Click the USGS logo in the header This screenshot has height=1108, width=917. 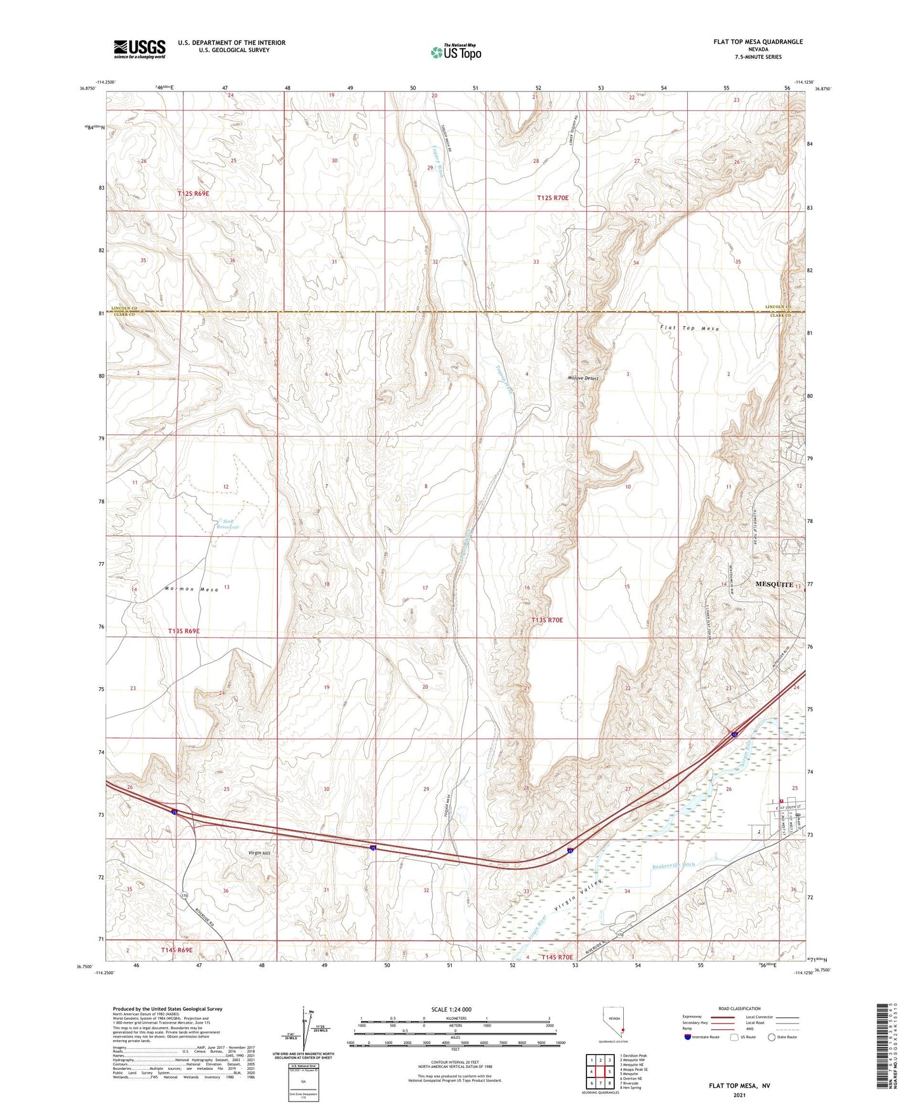pos(140,49)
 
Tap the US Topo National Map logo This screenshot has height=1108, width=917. pos(456,51)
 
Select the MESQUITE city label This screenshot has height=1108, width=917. pos(774,584)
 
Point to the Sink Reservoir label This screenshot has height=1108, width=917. pos(228,524)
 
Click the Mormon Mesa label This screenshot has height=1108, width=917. pos(191,590)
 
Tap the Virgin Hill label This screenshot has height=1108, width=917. pos(259,854)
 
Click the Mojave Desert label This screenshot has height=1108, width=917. pos(583,378)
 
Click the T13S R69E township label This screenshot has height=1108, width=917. pos(184,631)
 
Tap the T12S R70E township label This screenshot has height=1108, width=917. pos(552,198)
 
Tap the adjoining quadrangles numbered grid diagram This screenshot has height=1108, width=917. pos(600,1072)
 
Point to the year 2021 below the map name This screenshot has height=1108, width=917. pos(739,1095)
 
